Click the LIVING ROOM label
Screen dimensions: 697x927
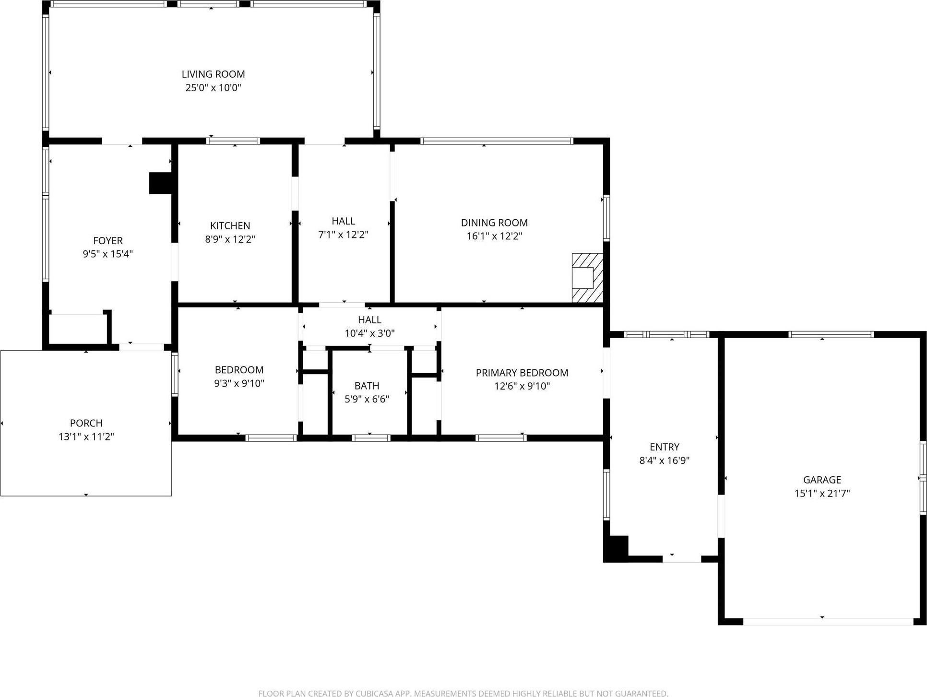click(x=213, y=74)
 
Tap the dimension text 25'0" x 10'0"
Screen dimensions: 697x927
click(x=213, y=88)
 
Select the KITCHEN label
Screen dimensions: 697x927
click(x=230, y=225)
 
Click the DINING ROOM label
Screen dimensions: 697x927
click(x=494, y=223)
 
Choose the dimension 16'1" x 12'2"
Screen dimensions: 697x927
click(x=494, y=236)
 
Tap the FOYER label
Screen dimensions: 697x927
click(x=108, y=241)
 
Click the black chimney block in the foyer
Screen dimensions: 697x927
click(x=160, y=183)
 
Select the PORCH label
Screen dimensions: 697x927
click(x=86, y=423)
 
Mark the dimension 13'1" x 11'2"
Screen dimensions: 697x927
click(x=86, y=437)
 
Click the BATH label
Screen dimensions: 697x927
click(x=367, y=386)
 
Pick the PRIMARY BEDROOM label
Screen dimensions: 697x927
click(x=522, y=373)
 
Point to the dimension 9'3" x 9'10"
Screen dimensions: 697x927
click(x=239, y=383)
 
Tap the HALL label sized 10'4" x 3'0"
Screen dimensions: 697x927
click(x=369, y=320)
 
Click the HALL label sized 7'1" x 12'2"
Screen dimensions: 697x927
click(x=343, y=221)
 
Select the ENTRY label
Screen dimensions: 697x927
click(x=665, y=447)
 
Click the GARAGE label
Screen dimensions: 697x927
click(x=822, y=480)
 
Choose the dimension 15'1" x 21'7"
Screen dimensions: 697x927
click(x=822, y=493)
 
